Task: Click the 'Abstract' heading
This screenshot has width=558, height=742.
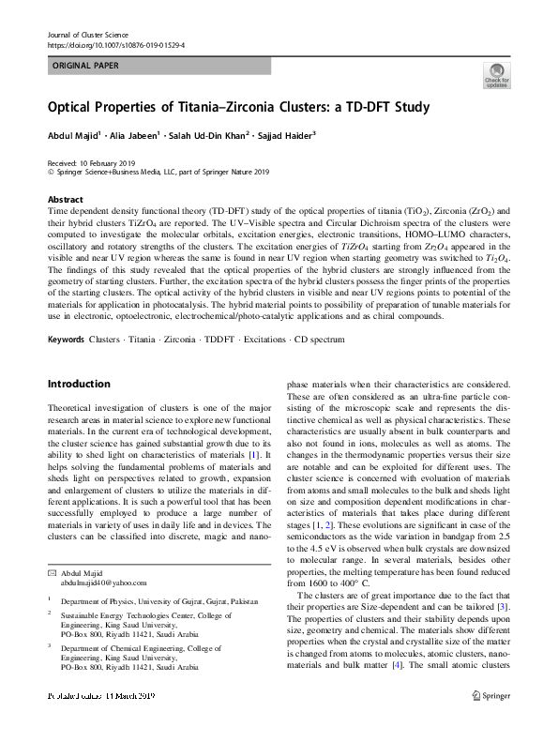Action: coord(66,200)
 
